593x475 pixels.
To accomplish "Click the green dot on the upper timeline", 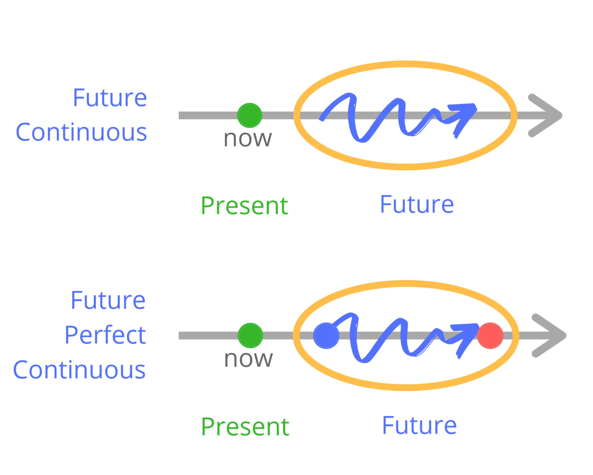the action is point(249,115).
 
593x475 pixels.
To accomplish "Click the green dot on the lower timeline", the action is point(250,335).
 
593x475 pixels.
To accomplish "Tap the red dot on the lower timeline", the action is point(490,336).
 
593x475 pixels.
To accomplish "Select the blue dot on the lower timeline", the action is point(326,336).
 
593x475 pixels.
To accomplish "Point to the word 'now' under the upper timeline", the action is point(248,138).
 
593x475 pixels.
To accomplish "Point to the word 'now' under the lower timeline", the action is point(249,359).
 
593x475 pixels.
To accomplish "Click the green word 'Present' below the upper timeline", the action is point(244,206).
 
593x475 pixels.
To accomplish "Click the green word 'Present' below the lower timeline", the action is point(245,427).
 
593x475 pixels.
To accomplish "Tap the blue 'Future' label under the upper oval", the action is point(417,204).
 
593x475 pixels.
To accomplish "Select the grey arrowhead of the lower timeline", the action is point(549,335).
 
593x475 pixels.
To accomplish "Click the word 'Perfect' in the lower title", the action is point(105,335).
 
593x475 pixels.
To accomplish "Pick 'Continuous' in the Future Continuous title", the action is point(81,132).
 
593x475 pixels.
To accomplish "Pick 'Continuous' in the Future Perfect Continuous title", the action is point(79,370).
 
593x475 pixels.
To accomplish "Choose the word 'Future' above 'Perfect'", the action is point(108,300).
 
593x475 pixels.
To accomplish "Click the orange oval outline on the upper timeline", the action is point(406,64).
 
